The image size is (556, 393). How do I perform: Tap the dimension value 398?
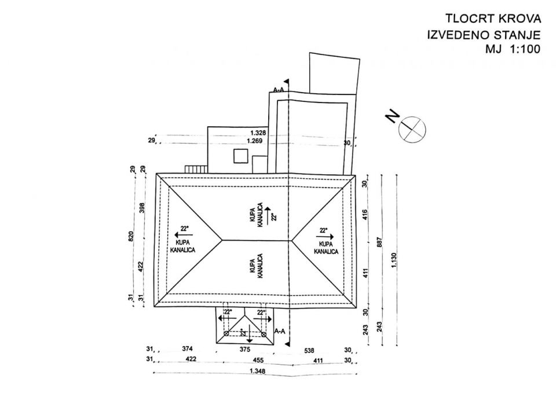(x=143, y=207)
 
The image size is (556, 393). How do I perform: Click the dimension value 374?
(x=186, y=349)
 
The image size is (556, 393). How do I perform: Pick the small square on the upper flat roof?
(x=239, y=155)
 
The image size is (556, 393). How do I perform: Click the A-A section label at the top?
(x=279, y=90)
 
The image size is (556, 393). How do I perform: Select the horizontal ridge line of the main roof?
(x=256, y=240)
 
